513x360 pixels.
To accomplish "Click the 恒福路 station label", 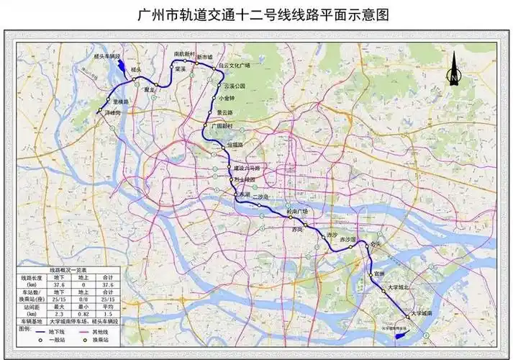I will [236, 145].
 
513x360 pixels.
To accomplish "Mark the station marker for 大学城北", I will [383, 289].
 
